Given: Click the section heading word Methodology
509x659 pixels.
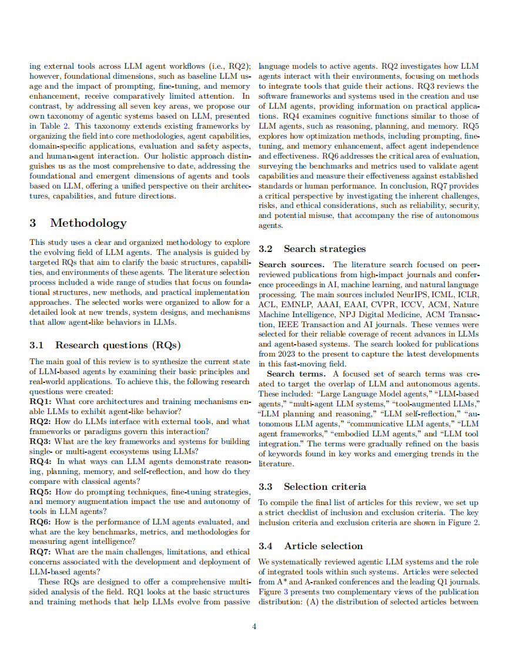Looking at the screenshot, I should pyautogui.click(x=88, y=223).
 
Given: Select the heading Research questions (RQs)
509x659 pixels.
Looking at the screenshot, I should pyautogui.click(x=118, y=345).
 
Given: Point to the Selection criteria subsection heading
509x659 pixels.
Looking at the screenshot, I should pyautogui.click(x=324, y=486).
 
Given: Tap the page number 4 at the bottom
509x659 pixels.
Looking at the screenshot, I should pyautogui.click(x=254, y=627).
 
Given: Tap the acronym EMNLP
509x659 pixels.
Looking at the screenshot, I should pyautogui.click(x=294, y=304).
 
